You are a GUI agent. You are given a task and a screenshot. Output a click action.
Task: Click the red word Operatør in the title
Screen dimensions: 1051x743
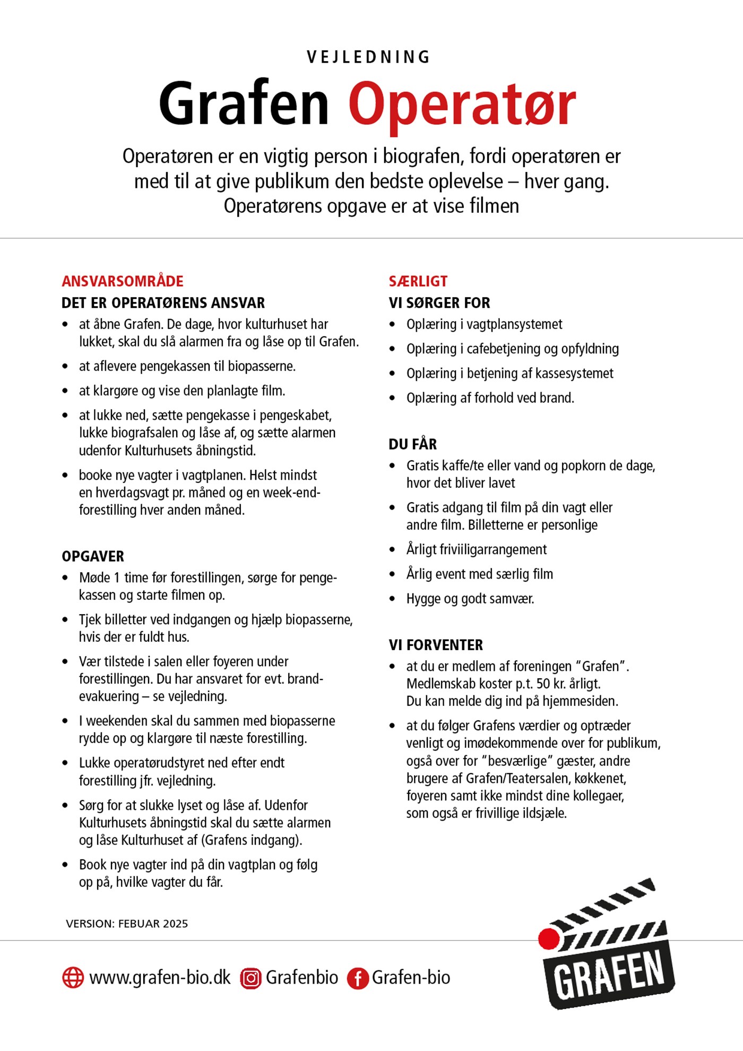tap(462, 105)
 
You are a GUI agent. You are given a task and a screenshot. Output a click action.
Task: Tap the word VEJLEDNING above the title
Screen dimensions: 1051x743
tap(368, 57)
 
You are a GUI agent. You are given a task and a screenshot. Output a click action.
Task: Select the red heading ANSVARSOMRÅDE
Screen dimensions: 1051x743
tap(123, 281)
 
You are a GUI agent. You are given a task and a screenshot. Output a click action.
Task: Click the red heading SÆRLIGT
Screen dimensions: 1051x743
tap(418, 281)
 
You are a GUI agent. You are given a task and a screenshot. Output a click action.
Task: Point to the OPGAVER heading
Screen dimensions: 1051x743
tap(93, 556)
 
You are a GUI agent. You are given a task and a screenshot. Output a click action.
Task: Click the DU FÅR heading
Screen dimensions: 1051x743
tap(413, 444)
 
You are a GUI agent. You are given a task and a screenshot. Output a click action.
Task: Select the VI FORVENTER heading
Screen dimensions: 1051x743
tap(436, 645)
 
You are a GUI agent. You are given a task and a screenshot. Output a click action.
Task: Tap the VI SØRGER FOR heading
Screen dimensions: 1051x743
tap(439, 303)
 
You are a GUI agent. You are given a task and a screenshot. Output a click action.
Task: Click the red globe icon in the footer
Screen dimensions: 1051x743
tap(73, 977)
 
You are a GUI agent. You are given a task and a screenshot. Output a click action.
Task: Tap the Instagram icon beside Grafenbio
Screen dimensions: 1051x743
tap(250, 978)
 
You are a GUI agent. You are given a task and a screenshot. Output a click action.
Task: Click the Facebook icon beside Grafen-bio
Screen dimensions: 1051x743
tap(358, 978)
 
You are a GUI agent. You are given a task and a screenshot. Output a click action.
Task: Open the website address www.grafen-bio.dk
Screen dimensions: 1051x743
tap(160, 977)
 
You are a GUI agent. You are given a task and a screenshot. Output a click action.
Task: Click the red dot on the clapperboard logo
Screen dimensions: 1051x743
tap(549, 938)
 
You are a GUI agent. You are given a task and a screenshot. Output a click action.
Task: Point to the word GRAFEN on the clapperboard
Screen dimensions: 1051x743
tap(609, 975)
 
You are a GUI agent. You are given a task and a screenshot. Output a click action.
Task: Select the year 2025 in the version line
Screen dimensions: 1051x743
tap(175, 924)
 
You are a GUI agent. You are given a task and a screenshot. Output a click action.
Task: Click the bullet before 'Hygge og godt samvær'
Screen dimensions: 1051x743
tap(392, 599)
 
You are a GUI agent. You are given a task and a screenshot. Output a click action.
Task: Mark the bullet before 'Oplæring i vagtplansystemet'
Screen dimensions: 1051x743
tap(392, 324)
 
